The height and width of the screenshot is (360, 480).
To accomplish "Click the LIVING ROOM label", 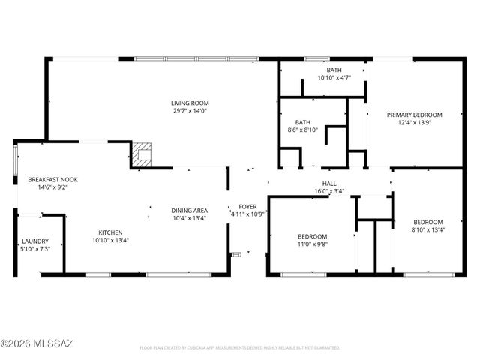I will tap(190, 103).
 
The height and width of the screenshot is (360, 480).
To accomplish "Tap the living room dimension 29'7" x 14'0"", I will tap(190, 111).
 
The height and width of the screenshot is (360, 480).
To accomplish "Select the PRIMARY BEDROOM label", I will tap(414, 115).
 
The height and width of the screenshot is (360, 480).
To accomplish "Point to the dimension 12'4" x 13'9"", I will tap(414, 123).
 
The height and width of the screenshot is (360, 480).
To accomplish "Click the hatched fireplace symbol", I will tap(142, 154).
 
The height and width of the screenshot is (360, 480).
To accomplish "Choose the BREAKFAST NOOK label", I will tap(52, 180).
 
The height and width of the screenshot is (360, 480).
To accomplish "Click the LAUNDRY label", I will tap(34, 241).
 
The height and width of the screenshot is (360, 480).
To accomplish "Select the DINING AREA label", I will tap(190, 211).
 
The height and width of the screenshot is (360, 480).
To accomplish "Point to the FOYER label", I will tap(247, 206).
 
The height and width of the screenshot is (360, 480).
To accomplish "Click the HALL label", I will tap(329, 183).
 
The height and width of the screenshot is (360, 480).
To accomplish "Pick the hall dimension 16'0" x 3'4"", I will tap(329, 191).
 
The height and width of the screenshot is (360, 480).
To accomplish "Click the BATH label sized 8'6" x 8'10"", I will tap(303, 122).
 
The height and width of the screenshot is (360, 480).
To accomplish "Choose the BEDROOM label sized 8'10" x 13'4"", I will tap(428, 222).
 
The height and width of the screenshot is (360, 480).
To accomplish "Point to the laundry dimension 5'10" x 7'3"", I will tap(34, 249).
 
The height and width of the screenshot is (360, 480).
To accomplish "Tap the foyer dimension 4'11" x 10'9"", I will tap(247, 214).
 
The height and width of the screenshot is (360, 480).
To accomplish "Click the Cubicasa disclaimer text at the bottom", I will tap(240, 348).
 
